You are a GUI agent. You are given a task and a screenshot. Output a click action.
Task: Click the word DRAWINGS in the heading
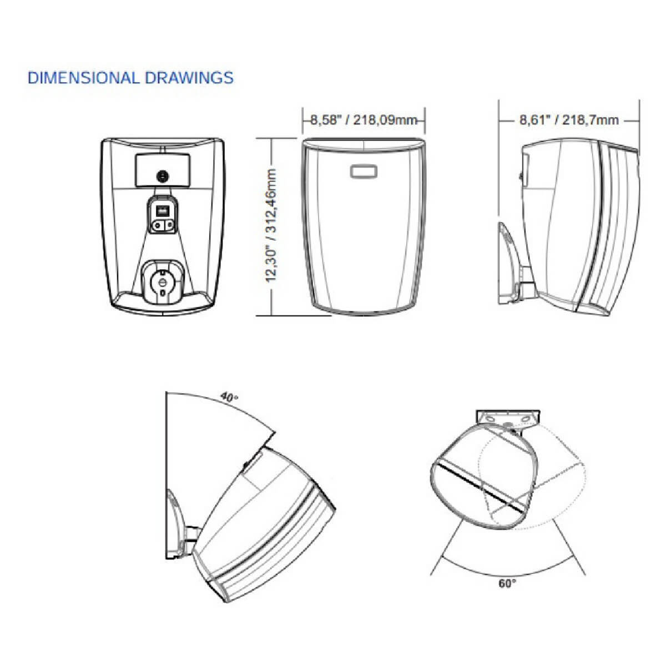pos(189,78)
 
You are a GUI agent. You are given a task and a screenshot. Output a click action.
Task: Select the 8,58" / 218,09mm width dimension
pos(364,120)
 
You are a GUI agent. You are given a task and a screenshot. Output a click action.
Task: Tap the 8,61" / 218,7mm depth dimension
pos(569,120)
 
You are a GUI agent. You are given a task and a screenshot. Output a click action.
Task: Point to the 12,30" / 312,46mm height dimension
pos(271,226)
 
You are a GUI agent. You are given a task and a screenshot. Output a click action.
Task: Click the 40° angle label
pos(230,397)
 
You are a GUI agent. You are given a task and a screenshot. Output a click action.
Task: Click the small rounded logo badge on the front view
pos(364,171)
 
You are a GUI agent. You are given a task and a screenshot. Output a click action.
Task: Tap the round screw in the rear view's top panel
pos(162,176)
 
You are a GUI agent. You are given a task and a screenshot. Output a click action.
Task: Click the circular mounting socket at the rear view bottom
pos(163,282)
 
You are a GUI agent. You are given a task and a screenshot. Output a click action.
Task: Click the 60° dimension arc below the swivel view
pos(508,576)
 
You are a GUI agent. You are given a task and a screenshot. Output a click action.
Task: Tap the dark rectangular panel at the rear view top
pos(162,170)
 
